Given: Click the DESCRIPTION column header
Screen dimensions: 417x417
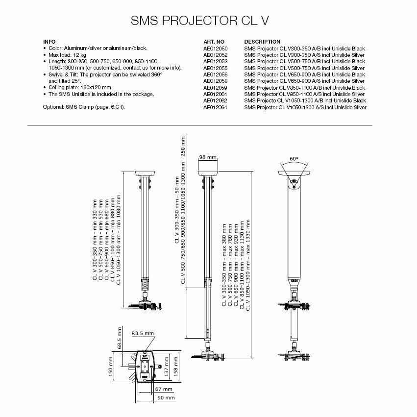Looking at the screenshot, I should click(x=262, y=42).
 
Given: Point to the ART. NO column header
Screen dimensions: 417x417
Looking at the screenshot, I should click(x=214, y=42).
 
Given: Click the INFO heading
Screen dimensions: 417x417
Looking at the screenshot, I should click(x=49, y=42).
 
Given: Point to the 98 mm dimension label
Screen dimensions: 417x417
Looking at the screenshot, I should click(x=208, y=157).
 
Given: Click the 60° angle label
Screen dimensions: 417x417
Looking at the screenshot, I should click(x=294, y=159).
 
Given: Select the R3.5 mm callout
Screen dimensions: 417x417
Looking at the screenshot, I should click(x=143, y=333).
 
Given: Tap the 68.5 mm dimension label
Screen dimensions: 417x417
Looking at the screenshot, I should click(x=119, y=339).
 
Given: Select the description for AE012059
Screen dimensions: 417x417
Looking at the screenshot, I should click(x=304, y=87).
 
